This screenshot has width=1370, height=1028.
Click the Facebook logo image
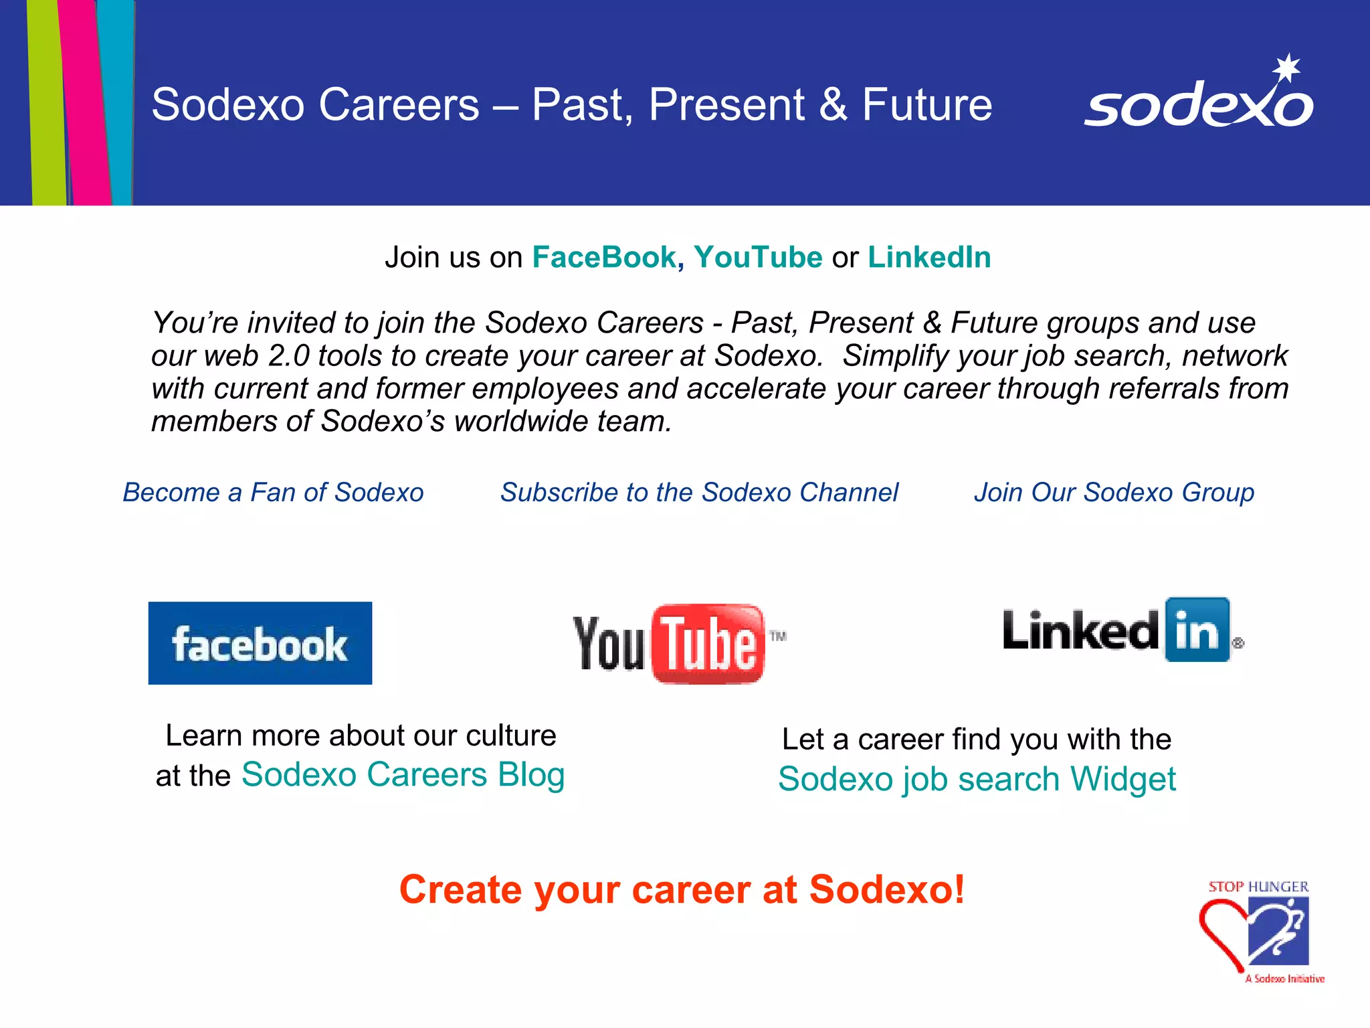pyautogui.click(x=260, y=643)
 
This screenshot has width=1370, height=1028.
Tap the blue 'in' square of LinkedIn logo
pyautogui.click(x=1197, y=630)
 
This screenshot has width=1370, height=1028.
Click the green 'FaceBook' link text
pyautogui.click(x=604, y=258)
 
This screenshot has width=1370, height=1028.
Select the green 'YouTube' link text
pyautogui.click(x=758, y=258)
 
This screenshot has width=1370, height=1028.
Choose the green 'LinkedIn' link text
pyautogui.click(x=929, y=258)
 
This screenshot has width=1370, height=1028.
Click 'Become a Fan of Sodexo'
pyautogui.click(x=273, y=493)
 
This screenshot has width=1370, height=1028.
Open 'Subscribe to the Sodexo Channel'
pyautogui.click(x=699, y=493)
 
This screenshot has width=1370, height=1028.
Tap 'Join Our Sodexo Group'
pyautogui.click(x=1114, y=493)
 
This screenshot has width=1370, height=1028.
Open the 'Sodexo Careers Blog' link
pyautogui.click(x=403, y=775)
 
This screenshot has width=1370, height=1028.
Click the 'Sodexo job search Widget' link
pyautogui.click(x=977, y=780)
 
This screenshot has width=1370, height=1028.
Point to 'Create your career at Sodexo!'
pyautogui.click(x=682, y=890)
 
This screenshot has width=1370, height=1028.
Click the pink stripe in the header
pyautogui.click(x=84, y=100)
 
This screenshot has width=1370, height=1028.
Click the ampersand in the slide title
pyautogui.click(x=833, y=105)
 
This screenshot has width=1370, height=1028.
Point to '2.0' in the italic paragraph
pyautogui.click(x=288, y=356)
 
